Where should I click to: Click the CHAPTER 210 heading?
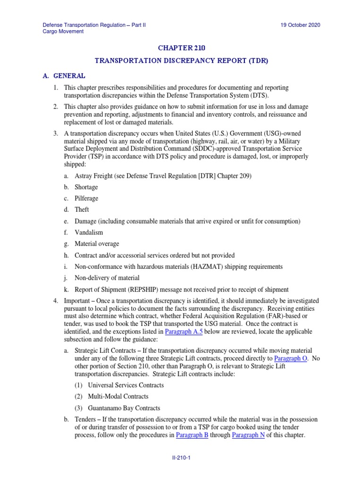point(181,48)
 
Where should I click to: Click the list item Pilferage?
point(86,199)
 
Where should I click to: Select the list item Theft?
point(82,210)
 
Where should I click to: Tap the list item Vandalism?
point(88,233)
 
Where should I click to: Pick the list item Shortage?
point(86,187)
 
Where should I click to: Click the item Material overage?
point(97,244)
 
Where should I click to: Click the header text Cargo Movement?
point(63,32)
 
